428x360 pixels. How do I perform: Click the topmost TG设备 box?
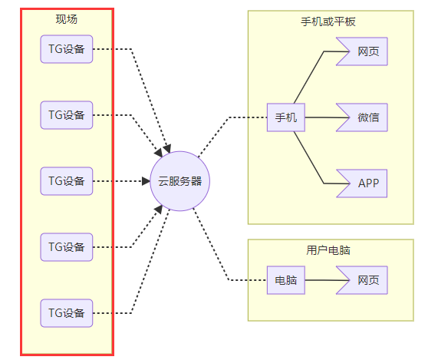coord(67,49)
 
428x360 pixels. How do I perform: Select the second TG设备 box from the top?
coord(67,115)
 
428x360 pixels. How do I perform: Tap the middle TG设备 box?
coord(67,181)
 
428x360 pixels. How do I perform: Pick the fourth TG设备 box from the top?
coord(67,247)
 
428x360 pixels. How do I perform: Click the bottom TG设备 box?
coord(67,313)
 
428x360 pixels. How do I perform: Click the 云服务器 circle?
coord(180,181)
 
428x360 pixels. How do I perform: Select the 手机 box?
coord(286,117)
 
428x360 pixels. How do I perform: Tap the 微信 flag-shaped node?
coord(362,117)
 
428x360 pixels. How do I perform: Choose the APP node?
coord(362,183)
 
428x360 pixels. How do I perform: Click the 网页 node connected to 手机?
coord(362,51)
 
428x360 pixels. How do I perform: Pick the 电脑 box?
coord(286,280)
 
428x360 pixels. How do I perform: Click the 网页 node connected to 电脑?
coord(362,280)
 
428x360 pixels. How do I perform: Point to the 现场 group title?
coord(67,19)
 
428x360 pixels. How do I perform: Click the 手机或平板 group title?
coord(328,21)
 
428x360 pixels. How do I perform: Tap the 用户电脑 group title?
coord(328,250)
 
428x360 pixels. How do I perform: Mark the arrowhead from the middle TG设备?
coord(146,181)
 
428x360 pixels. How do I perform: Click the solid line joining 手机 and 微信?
coord(328,117)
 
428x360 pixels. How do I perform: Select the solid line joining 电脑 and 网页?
coord(328,280)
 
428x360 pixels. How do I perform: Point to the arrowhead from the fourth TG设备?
coord(159,210)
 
